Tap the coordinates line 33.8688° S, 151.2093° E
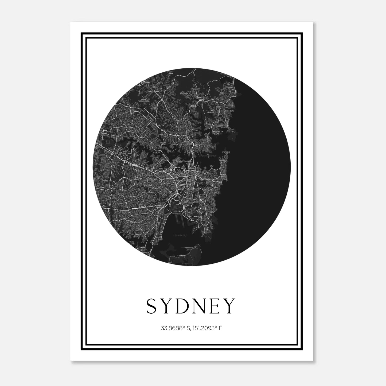point(191,328)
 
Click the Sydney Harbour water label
point(207,155)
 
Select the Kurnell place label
point(181,256)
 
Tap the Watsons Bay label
point(226,153)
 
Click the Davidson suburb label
point(184,94)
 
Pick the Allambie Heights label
point(211,111)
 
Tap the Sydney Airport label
point(177,214)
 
